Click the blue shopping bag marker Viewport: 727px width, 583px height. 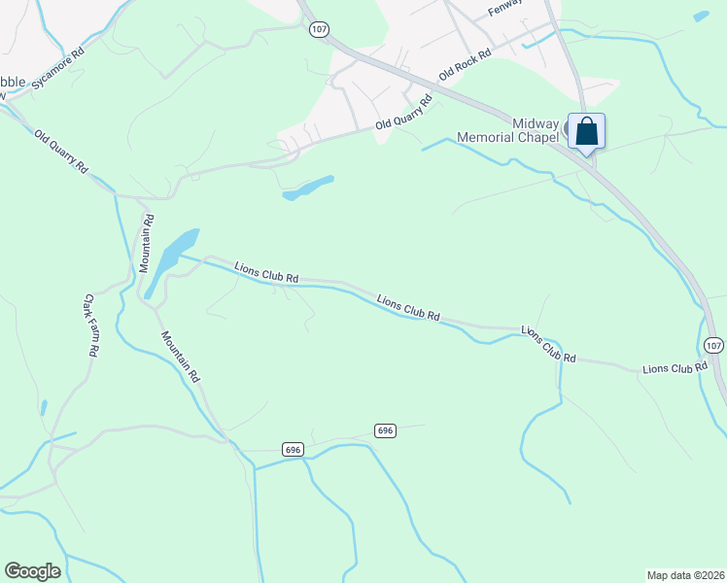click(x=586, y=131)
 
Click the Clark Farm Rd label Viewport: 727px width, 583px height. click(x=89, y=326)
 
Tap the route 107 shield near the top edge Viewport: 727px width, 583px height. click(x=319, y=30)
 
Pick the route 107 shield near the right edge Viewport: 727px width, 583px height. click(x=714, y=346)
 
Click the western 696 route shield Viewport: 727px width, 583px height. click(x=294, y=449)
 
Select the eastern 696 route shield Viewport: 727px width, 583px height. click(x=386, y=429)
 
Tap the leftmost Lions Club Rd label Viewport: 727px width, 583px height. click(x=265, y=272)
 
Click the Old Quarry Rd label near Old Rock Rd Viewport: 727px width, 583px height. click(x=404, y=115)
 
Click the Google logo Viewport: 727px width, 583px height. click(x=32, y=571)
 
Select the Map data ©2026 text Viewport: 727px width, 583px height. click(x=685, y=575)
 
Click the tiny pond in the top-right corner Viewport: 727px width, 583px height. click(x=701, y=16)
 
